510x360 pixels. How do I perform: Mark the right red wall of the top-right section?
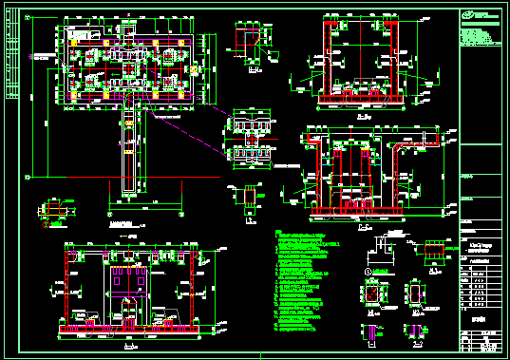[x=391, y=57]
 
